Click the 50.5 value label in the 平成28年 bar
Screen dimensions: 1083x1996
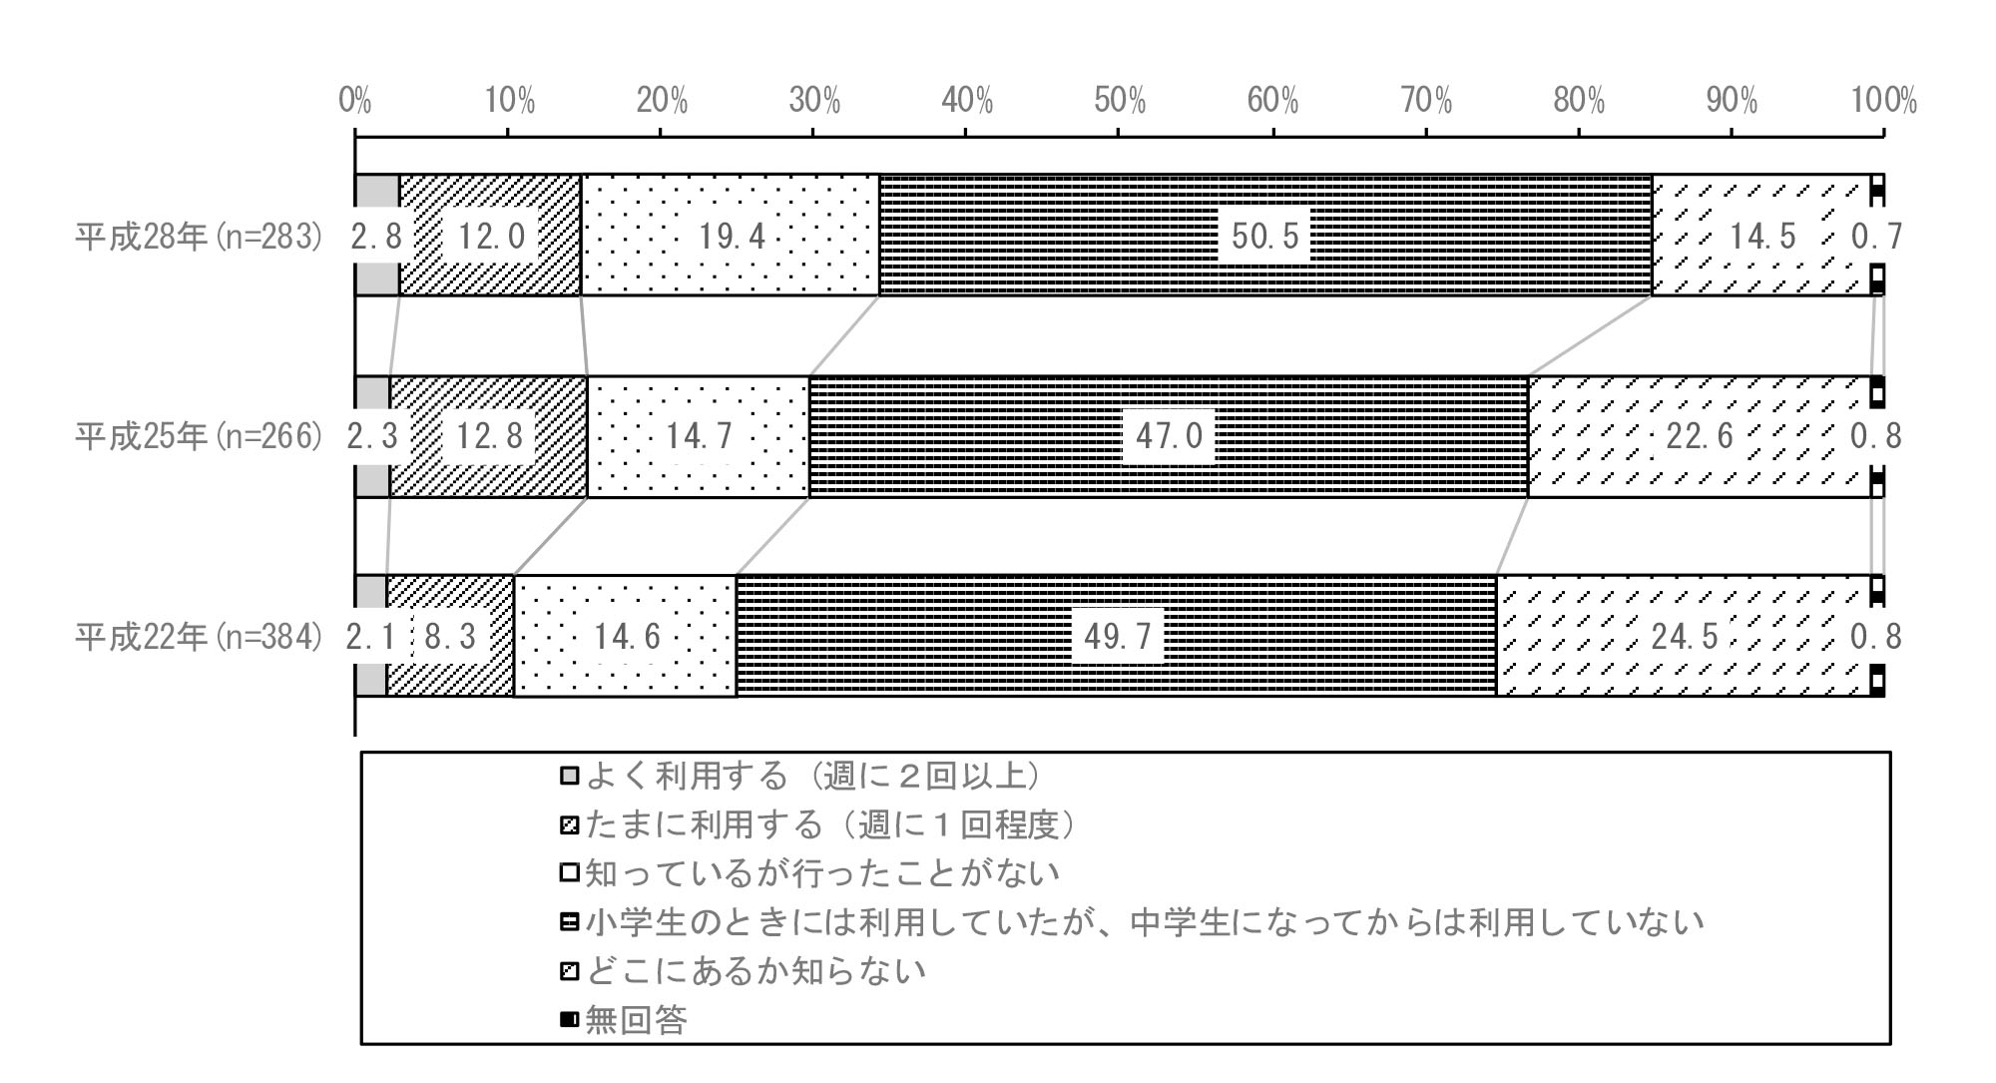[x=1264, y=237]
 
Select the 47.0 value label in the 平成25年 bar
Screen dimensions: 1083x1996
[x=1168, y=436]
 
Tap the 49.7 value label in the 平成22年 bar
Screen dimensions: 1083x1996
[x=1118, y=636]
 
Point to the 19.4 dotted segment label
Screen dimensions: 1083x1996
[x=732, y=237]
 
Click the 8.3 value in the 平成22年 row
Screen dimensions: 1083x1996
[x=450, y=636]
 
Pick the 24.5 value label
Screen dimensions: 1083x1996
[x=1684, y=636]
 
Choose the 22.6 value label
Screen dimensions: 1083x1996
[x=1700, y=436]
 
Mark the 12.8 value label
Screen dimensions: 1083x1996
[x=489, y=436]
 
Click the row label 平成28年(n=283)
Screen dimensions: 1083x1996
[x=200, y=237]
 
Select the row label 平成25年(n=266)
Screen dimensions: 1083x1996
[x=200, y=436]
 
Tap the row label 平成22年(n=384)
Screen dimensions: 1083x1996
[x=200, y=636]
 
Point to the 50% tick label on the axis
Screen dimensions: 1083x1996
[x=1119, y=101]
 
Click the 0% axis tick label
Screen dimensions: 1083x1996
[x=355, y=101]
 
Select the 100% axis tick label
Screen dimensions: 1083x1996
[x=1883, y=101]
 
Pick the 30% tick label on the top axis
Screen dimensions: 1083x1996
[x=813, y=101]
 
